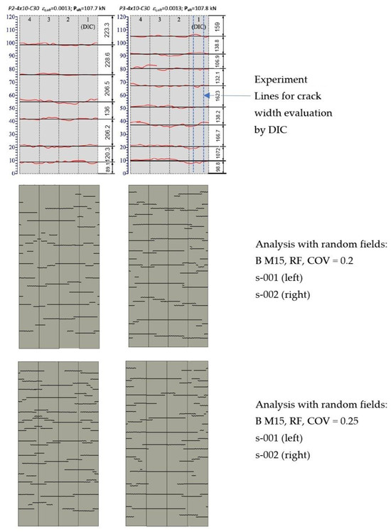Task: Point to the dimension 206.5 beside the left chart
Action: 106,89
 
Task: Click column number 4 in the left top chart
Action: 28,20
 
